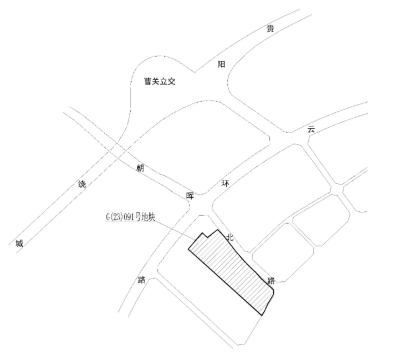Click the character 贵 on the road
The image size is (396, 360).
(x=270, y=29)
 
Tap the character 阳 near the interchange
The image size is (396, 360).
(x=221, y=64)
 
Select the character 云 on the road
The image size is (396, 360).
(x=311, y=129)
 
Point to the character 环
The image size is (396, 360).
(x=225, y=183)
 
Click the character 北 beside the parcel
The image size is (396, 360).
(x=230, y=236)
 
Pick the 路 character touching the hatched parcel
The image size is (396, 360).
(x=271, y=280)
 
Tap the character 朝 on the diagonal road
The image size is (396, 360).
(x=140, y=168)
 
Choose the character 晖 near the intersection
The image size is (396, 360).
(x=190, y=195)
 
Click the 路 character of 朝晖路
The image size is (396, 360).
(x=142, y=279)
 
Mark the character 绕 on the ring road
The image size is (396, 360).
(x=82, y=184)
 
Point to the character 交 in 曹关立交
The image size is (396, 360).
(x=172, y=82)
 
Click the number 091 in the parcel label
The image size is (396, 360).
(x=133, y=218)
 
